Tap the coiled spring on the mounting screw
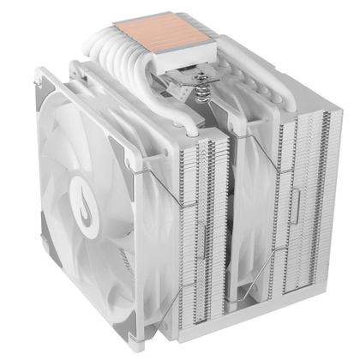[x=204, y=94]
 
